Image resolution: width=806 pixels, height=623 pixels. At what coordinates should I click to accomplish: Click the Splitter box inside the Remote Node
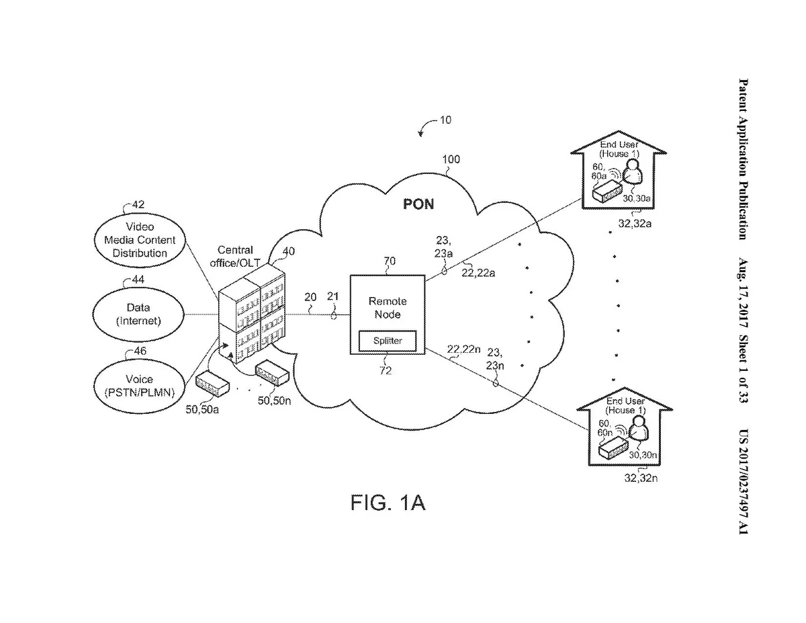coord(388,341)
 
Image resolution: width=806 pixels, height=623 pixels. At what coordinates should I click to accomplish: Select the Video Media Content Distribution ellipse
coord(140,240)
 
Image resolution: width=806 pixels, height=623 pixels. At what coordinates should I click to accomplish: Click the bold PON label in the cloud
coord(418,204)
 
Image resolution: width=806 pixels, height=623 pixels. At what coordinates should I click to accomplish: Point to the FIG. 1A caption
coord(388,503)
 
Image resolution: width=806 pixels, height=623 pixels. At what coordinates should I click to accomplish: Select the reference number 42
coord(138,204)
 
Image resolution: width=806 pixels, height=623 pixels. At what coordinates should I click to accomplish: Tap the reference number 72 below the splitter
coord(386,370)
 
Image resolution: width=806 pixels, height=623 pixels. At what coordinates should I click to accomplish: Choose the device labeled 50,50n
coord(272,372)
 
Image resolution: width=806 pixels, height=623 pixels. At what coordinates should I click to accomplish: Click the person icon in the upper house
coord(633,177)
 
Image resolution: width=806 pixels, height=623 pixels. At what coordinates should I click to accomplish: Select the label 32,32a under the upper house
coord(634,223)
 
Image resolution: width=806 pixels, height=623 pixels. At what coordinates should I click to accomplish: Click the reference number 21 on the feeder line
coord(332,296)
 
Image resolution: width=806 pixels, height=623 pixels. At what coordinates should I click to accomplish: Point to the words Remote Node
coord(388,307)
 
